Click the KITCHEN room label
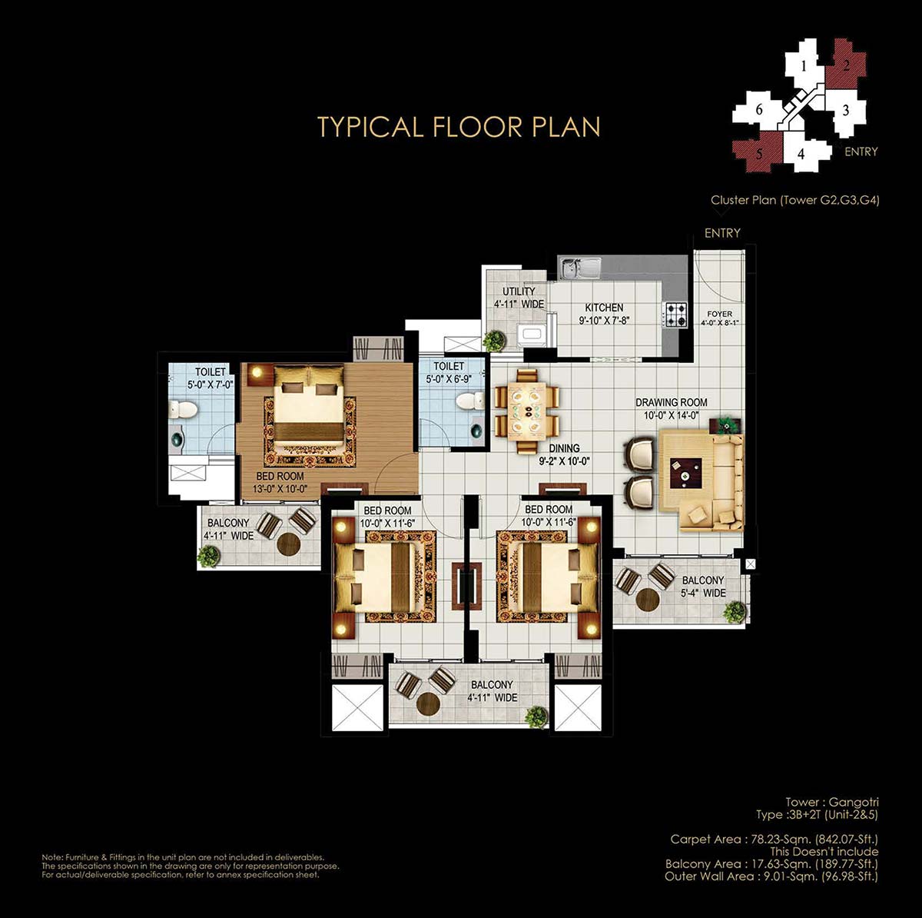pos(604,308)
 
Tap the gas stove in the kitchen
pos(675,314)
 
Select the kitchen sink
pos(581,268)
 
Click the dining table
pos(527,411)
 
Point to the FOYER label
pos(720,314)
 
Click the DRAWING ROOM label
pos(671,402)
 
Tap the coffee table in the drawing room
pos(686,471)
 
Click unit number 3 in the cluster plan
pos(845,111)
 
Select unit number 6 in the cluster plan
pos(759,110)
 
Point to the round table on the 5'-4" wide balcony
pos(648,599)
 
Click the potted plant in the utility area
pos(494,341)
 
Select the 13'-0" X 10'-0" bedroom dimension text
pos(280,489)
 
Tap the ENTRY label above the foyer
pos(722,233)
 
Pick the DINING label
pos(564,448)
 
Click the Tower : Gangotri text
pos(831,802)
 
